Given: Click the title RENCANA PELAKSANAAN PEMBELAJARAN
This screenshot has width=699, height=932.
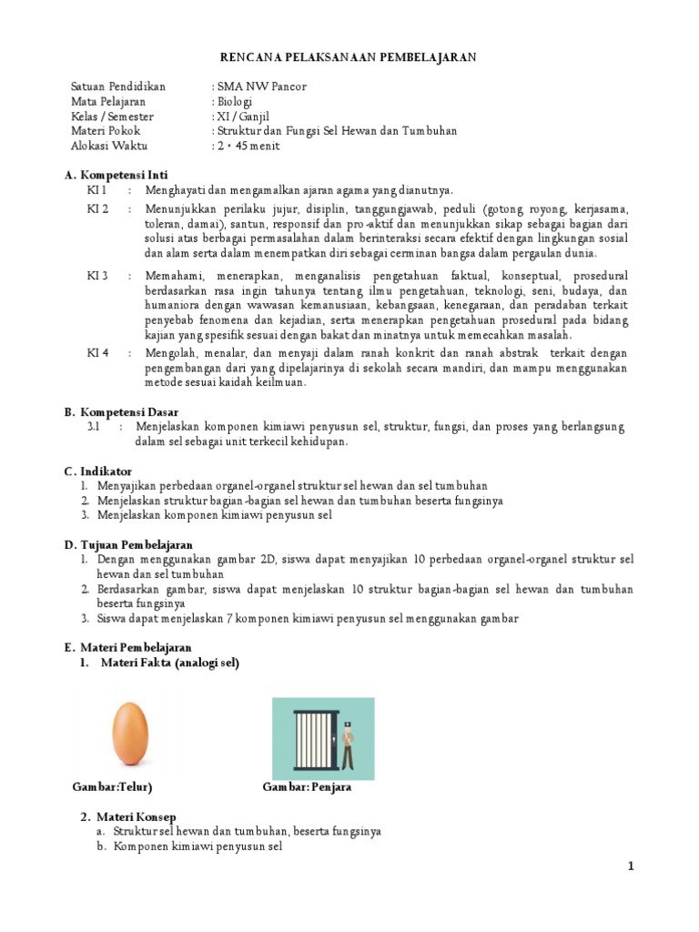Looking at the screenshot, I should tap(349, 57).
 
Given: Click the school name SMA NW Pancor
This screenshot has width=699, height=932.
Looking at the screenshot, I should tap(259, 86).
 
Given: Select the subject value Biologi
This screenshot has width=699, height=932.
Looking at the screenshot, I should tap(234, 101).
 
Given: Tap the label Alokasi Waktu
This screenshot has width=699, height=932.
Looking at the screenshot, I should tap(108, 146).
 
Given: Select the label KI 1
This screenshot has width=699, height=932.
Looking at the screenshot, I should tap(96, 190).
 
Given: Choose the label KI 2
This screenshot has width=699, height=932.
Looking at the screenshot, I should tap(97, 209).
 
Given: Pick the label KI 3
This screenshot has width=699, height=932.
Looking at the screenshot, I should tap(97, 275).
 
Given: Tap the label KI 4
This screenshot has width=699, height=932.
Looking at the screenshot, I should tap(97, 353).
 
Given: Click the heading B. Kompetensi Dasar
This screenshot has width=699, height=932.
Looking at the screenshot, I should tap(121, 411).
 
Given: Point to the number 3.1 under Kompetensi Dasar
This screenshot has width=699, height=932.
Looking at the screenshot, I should tap(93, 426).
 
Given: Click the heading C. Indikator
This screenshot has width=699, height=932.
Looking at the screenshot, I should tap(98, 471).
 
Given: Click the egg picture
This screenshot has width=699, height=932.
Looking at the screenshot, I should tap(129, 735).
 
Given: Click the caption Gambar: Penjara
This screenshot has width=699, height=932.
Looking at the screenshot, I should tap(307, 787).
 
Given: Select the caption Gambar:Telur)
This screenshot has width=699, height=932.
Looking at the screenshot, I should tap(112, 787).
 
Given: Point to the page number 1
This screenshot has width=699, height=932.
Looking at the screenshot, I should tap(630, 867).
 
